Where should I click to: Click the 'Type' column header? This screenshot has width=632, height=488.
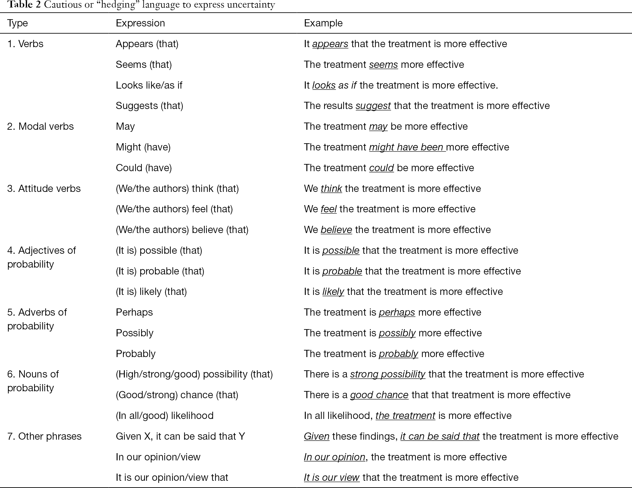click(x=17, y=23)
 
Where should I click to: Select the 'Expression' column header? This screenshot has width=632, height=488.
click(x=140, y=23)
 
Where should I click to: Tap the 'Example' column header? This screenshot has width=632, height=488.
click(x=323, y=23)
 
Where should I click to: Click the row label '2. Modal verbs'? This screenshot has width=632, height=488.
click(x=40, y=126)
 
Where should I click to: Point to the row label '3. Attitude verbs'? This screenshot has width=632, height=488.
click(x=44, y=189)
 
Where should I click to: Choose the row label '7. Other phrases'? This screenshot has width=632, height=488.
click(x=44, y=436)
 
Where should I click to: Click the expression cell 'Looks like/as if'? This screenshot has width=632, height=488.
click(x=149, y=85)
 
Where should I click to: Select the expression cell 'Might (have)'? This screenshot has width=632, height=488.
click(x=143, y=147)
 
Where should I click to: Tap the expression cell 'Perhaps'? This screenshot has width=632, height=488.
click(x=134, y=312)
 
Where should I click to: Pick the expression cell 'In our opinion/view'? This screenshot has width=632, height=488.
click(x=158, y=457)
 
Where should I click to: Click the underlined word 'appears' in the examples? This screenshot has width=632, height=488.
click(x=330, y=44)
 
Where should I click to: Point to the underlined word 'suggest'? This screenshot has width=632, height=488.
click(x=373, y=106)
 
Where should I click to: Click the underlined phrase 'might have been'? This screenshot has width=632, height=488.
click(x=407, y=147)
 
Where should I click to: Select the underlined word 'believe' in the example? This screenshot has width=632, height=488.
click(x=336, y=230)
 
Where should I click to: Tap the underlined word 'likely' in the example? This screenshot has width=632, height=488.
click(x=333, y=292)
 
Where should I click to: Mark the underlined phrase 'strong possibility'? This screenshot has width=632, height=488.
click(x=388, y=374)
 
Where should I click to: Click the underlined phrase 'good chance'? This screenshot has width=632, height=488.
click(x=379, y=395)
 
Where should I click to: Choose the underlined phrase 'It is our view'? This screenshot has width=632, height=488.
click(x=331, y=477)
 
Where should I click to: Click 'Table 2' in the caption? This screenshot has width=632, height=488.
click(x=24, y=5)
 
